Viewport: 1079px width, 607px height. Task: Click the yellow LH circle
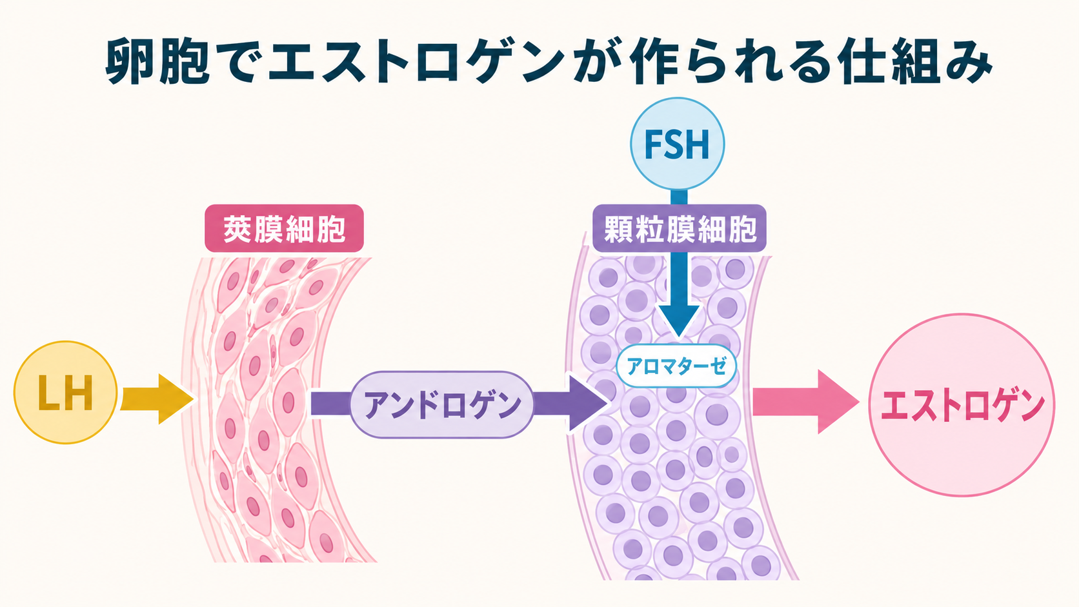click(66, 392)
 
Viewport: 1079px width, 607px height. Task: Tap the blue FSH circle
click(677, 143)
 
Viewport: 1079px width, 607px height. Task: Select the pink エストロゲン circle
click(962, 405)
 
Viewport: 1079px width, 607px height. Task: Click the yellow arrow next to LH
click(157, 399)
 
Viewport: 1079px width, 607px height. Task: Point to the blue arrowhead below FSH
click(679, 320)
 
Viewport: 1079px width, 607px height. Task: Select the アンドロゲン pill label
click(441, 404)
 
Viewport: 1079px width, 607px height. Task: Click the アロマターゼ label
click(676, 366)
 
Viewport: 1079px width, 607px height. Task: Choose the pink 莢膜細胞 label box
click(284, 228)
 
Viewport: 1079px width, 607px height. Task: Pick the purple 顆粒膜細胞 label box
click(679, 228)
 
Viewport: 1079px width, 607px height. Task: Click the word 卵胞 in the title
click(157, 62)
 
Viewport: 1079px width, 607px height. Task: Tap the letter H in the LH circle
click(79, 393)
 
